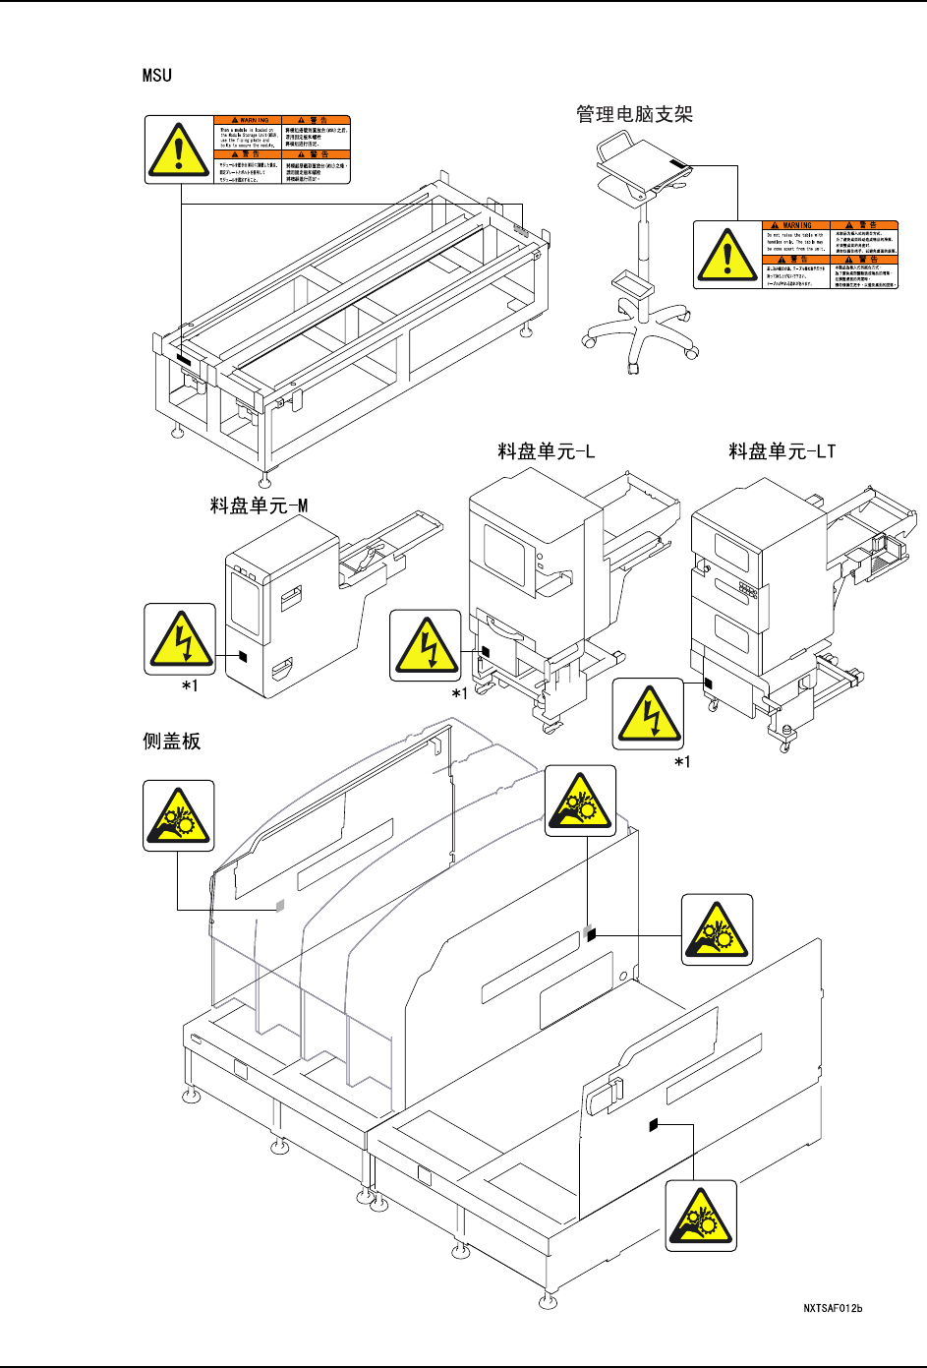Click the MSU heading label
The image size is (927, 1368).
point(157,75)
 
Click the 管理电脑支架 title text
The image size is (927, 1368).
point(634,114)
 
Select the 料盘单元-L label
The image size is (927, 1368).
point(546,451)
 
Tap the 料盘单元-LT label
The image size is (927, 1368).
point(782,451)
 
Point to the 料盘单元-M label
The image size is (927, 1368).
point(259,506)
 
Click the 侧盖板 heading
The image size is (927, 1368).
point(172,741)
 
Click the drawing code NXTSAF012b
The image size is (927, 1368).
point(833,1308)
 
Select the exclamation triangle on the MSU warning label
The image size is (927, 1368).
point(178,149)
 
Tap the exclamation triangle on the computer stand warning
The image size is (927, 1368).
point(726,255)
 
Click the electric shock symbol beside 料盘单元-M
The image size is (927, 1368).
point(180,638)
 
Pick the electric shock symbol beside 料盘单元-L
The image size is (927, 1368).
point(425,645)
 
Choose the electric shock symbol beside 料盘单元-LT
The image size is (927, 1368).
point(648,713)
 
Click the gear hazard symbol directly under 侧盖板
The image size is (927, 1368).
point(178,815)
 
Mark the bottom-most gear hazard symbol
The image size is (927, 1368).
point(700,1216)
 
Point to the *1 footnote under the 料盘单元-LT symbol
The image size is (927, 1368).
point(682,761)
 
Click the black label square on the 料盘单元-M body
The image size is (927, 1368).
point(245,656)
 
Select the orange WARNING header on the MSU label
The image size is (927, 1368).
point(248,120)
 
